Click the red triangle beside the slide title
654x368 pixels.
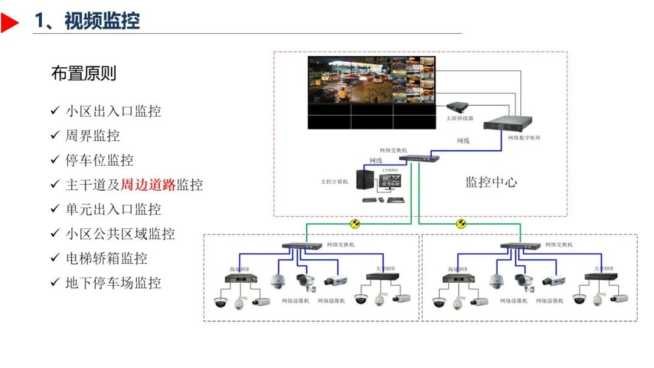(x=10, y=22)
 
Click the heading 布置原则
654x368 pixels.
(x=84, y=74)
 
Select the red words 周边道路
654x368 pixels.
(x=148, y=185)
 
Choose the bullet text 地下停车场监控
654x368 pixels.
(x=113, y=283)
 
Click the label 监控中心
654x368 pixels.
(x=491, y=182)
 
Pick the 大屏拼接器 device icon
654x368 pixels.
(x=459, y=107)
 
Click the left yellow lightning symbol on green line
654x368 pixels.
(x=355, y=224)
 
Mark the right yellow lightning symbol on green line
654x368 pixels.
(x=461, y=224)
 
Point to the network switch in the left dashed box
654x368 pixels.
(x=302, y=246)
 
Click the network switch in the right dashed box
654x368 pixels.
(x=520, y=246)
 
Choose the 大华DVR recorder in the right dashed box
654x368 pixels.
(x=601, y=277)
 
